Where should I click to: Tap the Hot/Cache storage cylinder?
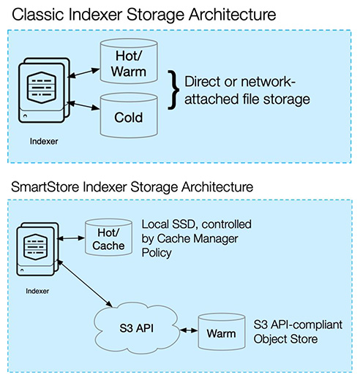click(108, 237)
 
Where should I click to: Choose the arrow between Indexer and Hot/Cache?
click(71, 237)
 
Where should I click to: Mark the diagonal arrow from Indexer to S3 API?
click(84, 281)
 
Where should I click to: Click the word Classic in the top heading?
click(39, 13)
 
